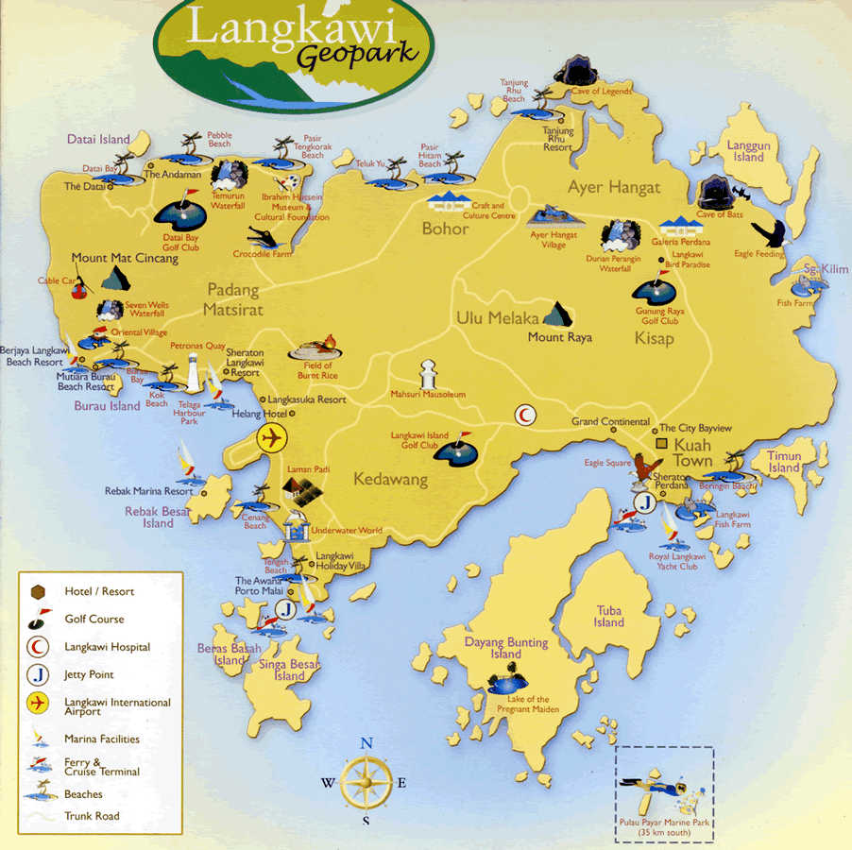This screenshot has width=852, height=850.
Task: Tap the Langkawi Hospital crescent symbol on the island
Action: coord(523,415)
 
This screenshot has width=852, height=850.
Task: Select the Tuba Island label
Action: coord(609,617)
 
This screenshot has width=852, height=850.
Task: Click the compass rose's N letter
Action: coord(366,742)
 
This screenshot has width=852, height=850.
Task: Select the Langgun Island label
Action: coord(749,151)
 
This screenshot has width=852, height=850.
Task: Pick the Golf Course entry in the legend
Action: coord(94,620)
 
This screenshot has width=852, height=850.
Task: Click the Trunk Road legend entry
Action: coord(92,816)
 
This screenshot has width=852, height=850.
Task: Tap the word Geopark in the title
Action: coord(358,54)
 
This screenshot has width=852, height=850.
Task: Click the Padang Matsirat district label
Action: coord(231,300)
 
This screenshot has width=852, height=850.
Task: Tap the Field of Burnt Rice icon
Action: coord(318,348)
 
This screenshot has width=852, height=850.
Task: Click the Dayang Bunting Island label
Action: coord(505,648)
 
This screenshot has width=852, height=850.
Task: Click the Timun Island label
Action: coord(784,462)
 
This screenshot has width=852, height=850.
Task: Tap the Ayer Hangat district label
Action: coord(614,188)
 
